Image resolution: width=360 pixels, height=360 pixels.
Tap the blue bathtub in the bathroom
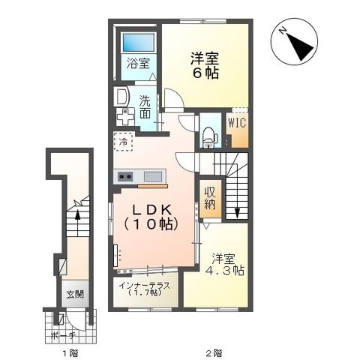[139, 42]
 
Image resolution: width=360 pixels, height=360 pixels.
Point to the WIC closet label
[238, 121]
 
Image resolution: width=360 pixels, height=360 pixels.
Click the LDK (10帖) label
[150, 215]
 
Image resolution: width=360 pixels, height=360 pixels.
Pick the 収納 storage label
[211, 196]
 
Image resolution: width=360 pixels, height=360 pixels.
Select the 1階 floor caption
[70, 351]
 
